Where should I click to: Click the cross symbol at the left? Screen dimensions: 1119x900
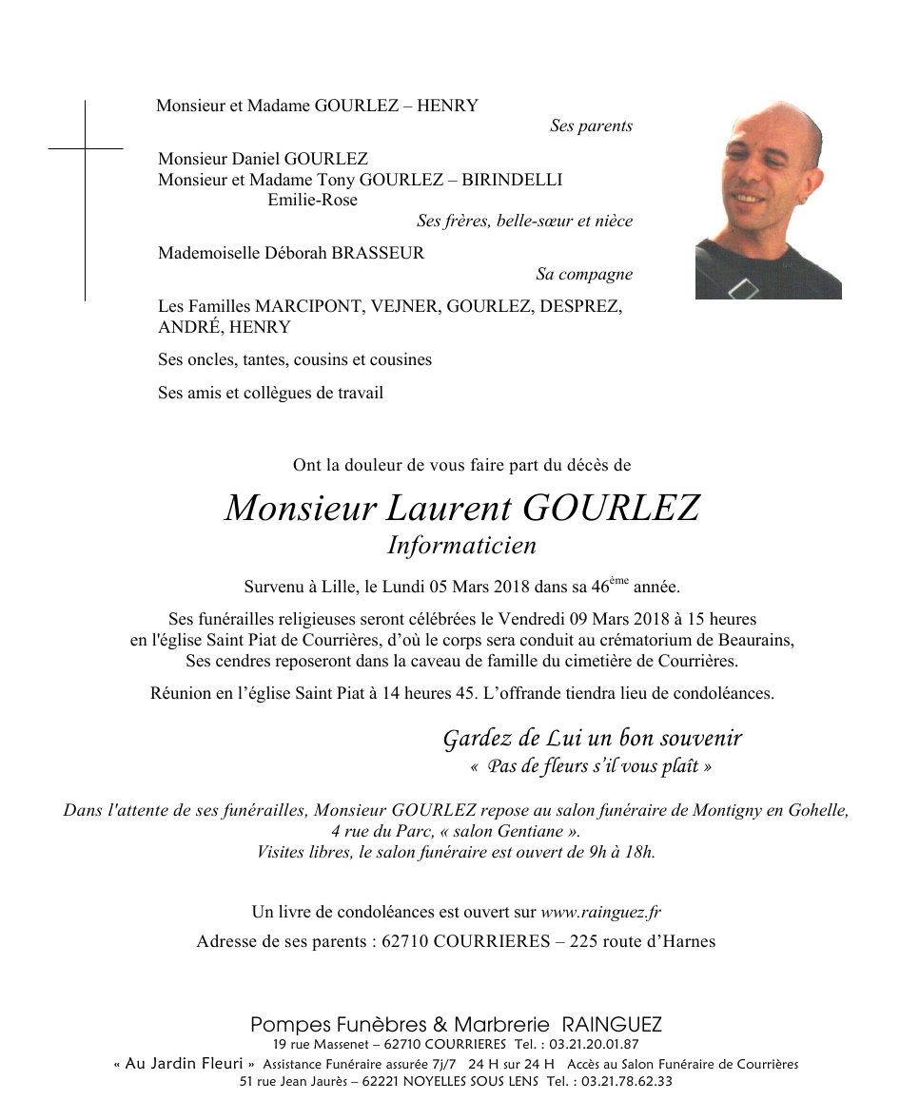(x=85, y=149)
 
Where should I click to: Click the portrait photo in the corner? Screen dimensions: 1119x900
(x=768, y=200)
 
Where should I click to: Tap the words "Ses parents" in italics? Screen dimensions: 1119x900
(x=591, y=125)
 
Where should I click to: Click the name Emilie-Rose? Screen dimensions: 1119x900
(x=313, y=200)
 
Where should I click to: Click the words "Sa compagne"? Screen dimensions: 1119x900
(x=584, y=275)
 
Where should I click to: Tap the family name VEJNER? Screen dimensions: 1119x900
(x=407, y=306)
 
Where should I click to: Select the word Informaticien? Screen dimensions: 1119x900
(x=461, y=545)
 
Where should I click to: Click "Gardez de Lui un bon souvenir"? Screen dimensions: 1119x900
(x=592, y=738)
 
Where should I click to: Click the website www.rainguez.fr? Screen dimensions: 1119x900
(x=600, y=912)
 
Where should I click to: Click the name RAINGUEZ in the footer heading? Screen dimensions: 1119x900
(x=612, y=1025)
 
